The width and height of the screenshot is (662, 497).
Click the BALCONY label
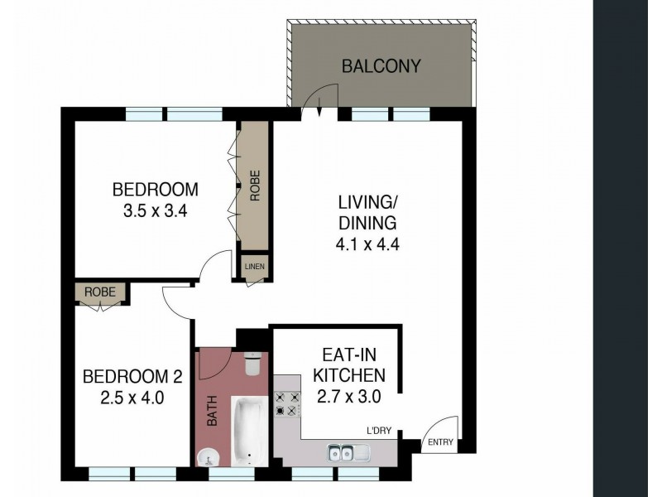coord(381,66)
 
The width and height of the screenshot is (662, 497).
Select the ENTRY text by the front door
coord(440,442)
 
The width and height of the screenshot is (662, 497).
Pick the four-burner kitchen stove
coord(286,403)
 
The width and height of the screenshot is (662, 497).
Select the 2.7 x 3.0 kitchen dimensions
coord(348,397)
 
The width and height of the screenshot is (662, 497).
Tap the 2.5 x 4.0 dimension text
coord(132,398)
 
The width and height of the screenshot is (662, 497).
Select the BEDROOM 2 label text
coord(132,377)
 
